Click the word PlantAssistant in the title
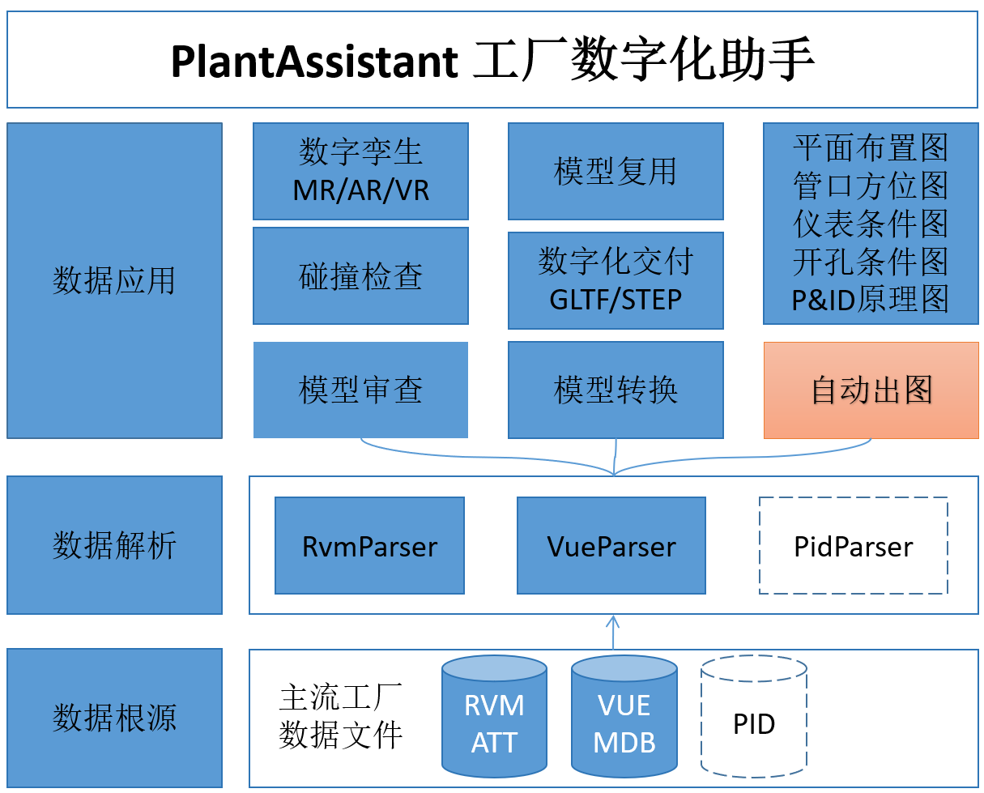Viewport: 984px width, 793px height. tap(314, 62)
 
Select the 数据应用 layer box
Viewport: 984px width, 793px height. tap(114, 280)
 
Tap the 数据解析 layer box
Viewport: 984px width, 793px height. tap(114, 545)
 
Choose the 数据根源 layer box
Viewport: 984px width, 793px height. tap(114, 718)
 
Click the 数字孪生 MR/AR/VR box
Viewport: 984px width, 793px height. tap(360, 171)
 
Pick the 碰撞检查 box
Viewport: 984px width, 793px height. tap(360, 275)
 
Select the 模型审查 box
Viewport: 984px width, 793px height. tap(360, 390)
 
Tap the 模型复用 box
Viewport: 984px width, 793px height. tap(616, 171)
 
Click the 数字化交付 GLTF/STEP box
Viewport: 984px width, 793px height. tap(616, 280)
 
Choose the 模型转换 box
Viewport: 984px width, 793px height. tap(616, 390)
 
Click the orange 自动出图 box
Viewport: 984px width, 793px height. tap(871, 390)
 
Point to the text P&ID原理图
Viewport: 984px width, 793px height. tap(871, 301)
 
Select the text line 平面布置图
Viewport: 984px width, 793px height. tap(871, 148)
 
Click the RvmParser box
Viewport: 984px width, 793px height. tap(369, 546)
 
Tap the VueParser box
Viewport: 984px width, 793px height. tap(611, 546)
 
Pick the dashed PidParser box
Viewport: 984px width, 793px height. tap(854, 546)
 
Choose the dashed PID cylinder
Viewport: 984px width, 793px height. tap(754, 724)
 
